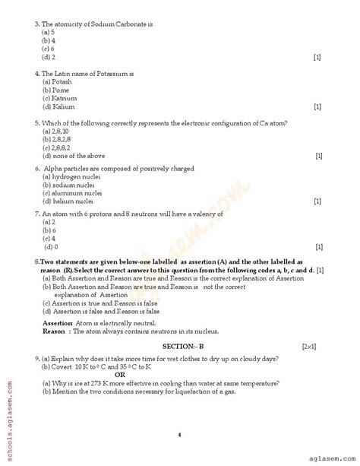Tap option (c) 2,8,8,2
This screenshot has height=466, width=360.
coord(57,147)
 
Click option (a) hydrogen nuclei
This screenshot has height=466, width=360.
coord(69,176)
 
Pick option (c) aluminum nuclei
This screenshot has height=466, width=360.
coord(71,192)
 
